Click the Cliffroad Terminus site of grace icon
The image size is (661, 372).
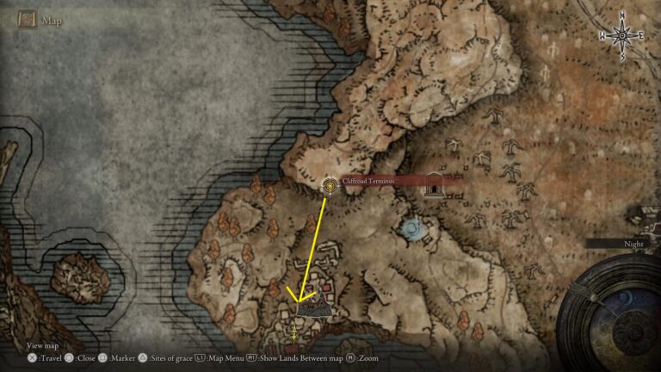point(329,185)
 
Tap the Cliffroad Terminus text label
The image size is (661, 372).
point(368,181)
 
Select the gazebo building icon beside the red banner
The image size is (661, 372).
point(433,184)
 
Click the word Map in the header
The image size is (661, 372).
point(51,19)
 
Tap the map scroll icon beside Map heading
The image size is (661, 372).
point(26,19)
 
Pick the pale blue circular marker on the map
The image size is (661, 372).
point(412,228)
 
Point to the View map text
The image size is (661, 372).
point(42,345)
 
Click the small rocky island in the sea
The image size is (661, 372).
point(80,276)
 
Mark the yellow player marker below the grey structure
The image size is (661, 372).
point(296,329)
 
